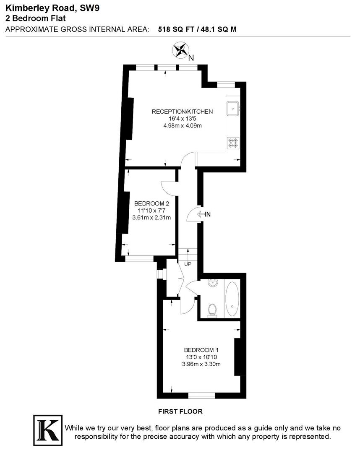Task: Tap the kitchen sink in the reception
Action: [232, 109]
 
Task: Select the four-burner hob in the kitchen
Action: [233, 143]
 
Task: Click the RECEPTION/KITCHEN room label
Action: [182, 112]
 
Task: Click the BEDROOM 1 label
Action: [201, 350]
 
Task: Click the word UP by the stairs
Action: [188, 264]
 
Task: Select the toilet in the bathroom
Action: [212, 310]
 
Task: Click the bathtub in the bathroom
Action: [232, 299]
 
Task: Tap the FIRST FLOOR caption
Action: [180, 411]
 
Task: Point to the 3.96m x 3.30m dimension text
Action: [201, 364]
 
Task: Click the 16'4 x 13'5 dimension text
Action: [182, 119]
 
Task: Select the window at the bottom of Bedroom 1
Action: [201, 395]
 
